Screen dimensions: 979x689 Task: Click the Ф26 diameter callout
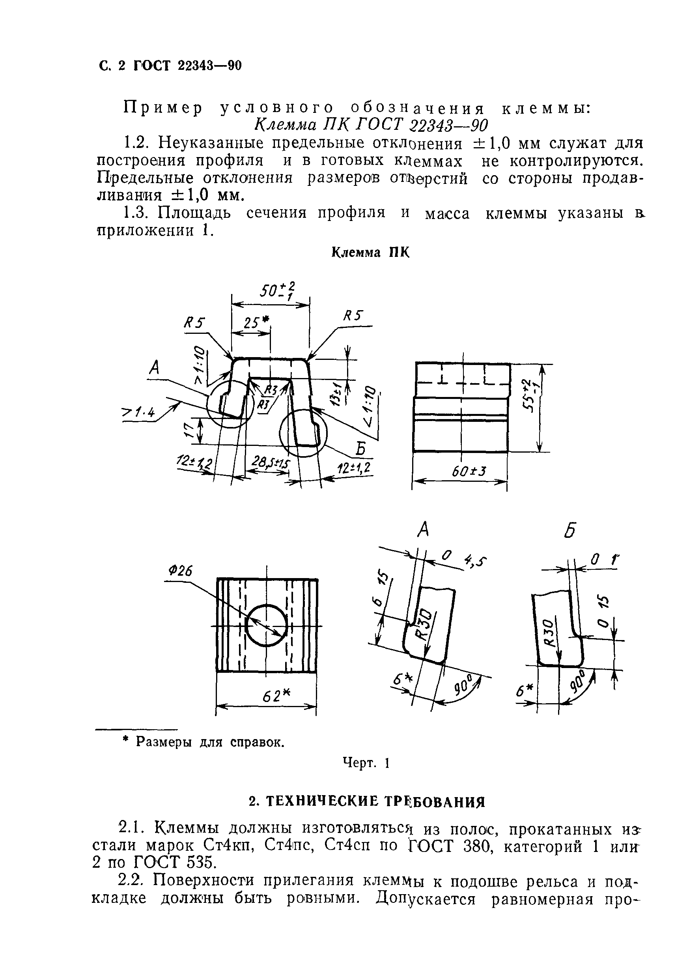181,571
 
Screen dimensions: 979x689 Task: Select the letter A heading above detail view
423,530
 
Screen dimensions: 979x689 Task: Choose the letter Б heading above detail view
570,530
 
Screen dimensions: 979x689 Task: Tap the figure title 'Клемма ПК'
370,253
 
